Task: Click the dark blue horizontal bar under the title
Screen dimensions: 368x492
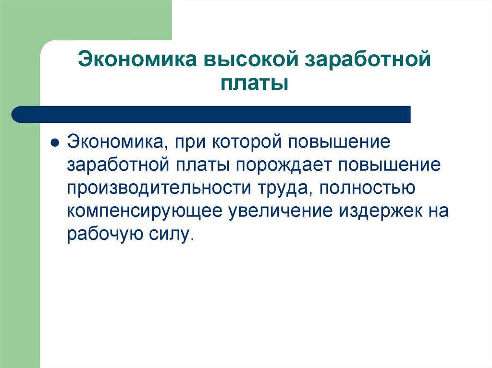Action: (x=211, y=114)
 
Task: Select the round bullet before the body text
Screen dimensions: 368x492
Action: (x=55, y=144)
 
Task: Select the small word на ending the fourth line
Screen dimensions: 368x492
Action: (x=436, y=211)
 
